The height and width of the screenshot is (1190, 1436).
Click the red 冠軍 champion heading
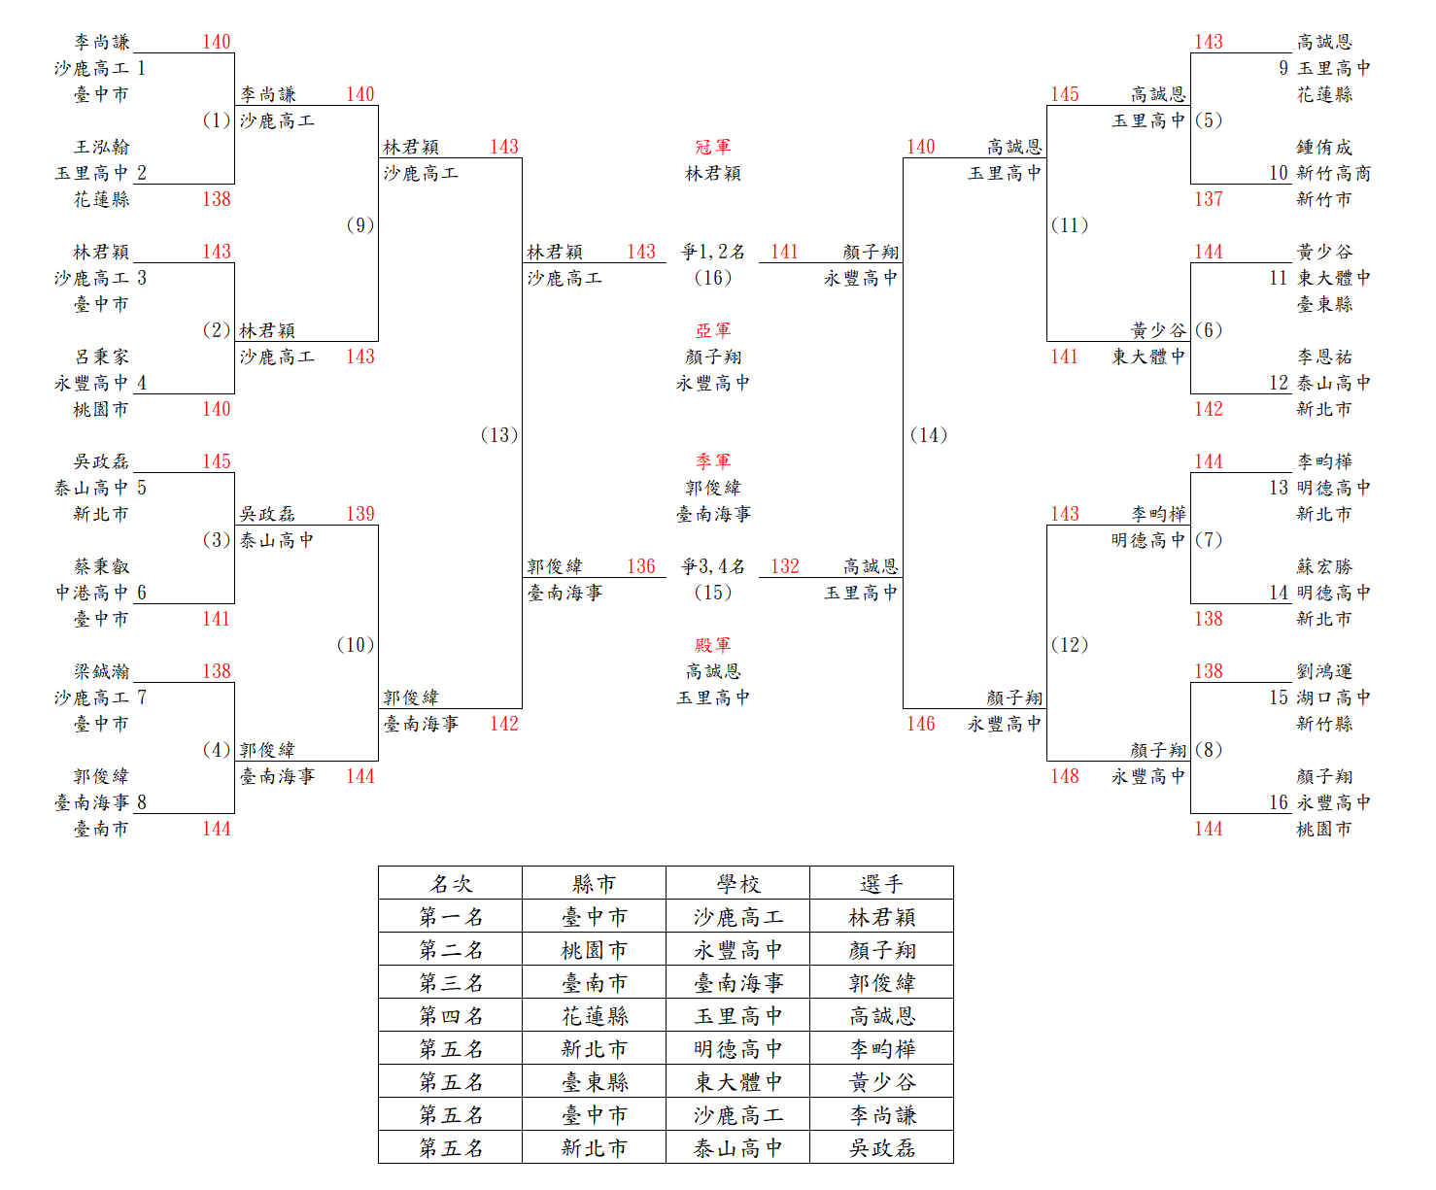click(x=712, y=148)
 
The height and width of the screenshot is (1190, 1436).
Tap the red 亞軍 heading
click(x=712, y=331)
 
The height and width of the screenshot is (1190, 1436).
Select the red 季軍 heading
click(x=712, y=461)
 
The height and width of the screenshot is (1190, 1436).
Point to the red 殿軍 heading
click(x=712, y=645)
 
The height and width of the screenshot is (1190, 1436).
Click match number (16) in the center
click(x=712, y=278)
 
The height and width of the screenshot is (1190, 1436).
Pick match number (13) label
click(x=499, y=435)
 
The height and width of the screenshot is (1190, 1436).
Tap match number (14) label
click(x=929, y=435)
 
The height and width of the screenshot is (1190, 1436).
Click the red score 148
click(x=1064, y=776)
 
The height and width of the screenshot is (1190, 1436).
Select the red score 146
click(x=920, y=724)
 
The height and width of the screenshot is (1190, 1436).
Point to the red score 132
click(x=785, y=566)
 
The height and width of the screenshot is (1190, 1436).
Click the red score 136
click(x=641, y=566)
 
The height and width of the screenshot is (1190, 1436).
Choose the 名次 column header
click(x=451, y=884)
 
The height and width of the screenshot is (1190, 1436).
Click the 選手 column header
click(x=881, y=884)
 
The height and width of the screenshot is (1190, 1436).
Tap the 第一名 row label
click(x=451, y=917)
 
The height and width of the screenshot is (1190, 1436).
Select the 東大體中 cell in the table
click(x=738, y=1082)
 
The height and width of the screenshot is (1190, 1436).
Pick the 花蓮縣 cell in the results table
click(x=595, y=1016)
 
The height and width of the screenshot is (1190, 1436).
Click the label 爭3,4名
click(x=712, y=566)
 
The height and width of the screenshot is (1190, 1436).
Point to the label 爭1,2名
click(x=712, y=253)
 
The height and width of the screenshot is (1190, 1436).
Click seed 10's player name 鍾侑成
click(x=1324, y=148)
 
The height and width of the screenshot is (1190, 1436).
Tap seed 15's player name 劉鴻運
click(x=1324, y=671)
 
